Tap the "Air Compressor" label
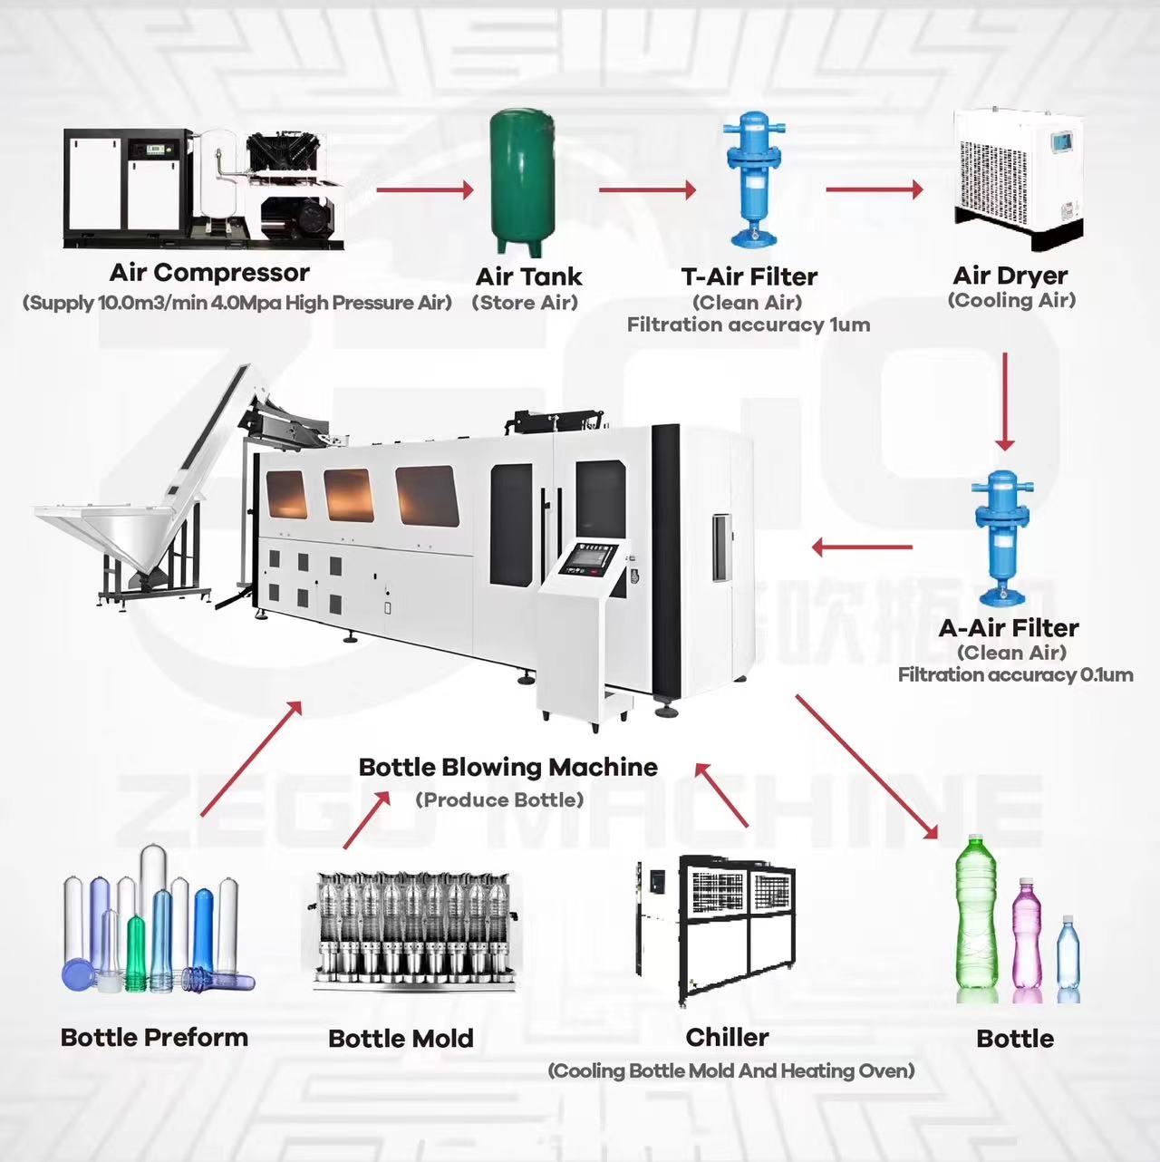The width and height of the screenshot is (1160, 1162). click(209, 273)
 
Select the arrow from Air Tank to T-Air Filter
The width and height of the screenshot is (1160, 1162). click(646, 189)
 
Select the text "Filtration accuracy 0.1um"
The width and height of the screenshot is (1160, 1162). click(1015, 675)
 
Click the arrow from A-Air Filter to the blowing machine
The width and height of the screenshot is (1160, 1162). click(861, 547)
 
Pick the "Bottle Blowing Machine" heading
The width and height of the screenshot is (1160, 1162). click(507, 768)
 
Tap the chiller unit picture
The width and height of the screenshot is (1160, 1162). click(716, 929)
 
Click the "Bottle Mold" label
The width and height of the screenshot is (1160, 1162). click(401, 1039)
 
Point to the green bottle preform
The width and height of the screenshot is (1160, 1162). click(136, 952)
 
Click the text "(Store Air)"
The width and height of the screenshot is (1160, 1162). click(525, 303)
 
